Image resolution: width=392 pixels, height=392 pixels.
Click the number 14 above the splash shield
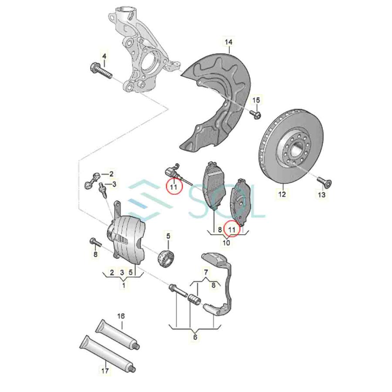point(229,42)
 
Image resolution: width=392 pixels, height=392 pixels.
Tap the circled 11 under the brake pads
point(232,228)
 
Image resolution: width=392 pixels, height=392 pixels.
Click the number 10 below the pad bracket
point(226,242)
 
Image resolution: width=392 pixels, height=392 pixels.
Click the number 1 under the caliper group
point(124,286)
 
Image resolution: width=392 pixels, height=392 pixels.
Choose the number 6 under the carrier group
point(195,336)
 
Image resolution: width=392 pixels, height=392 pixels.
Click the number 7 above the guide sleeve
point(206,273)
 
